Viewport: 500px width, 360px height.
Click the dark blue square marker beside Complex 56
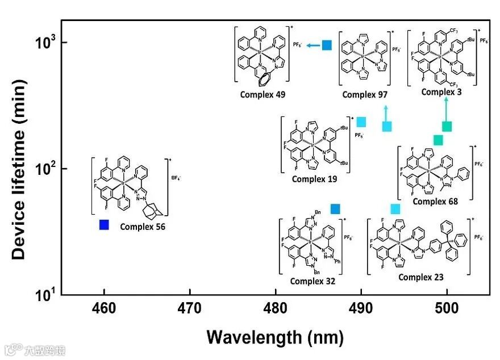104,225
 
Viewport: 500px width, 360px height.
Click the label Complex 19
314,179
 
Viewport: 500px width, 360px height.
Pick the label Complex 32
312,281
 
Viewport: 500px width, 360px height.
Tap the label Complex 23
421,277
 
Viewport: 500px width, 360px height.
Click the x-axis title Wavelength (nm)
275,337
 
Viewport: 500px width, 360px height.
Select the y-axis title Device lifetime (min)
19,169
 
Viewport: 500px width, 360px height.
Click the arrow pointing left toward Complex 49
311,45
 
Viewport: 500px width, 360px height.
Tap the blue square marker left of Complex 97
327,45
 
